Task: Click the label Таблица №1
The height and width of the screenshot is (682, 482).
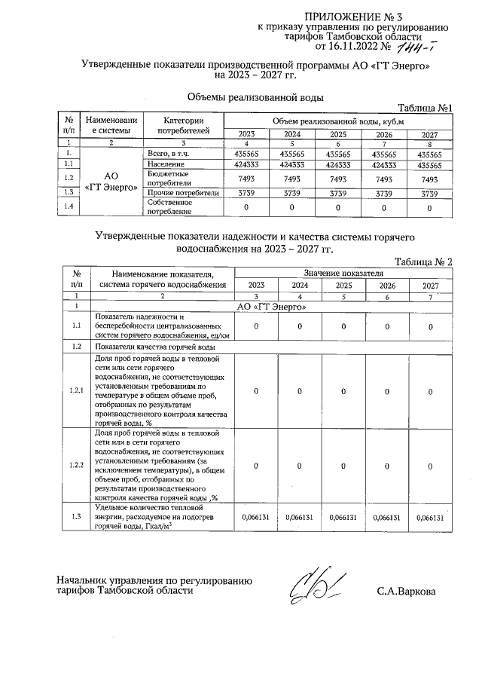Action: pyautogui.click(x=423, y=108)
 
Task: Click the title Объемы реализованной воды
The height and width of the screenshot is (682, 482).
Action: pyautogui.click(x=255, y=97)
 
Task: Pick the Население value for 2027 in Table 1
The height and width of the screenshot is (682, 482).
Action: pyautogui.click(x=430, y=164)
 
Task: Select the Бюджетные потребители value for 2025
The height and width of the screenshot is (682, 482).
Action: pyautogui.click(x=338, y=179)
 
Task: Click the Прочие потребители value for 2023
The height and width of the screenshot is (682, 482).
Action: pyautogui.click(x=246, y=193)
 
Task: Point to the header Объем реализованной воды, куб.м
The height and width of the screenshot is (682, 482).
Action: pyautogui.click(x=338, y=121)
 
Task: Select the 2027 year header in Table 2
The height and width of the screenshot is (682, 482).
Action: pyautogui.click(x=430, y=286)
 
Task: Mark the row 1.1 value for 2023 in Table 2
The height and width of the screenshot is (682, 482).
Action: pyautogui.click(x=256, y=326)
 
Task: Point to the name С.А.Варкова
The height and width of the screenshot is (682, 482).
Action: pyautogui.click(x=406, y=592)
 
